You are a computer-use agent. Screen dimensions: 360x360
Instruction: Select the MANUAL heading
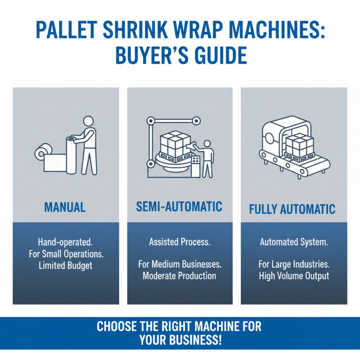(65, 207)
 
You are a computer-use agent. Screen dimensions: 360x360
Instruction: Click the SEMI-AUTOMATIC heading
(179, 207)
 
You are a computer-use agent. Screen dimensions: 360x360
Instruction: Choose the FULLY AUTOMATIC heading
(292, 209)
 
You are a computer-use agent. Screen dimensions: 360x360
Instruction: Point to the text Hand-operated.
(66, 242)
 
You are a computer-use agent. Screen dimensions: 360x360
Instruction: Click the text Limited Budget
(66, 265)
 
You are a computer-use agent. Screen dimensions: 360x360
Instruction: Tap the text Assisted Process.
(180, 242)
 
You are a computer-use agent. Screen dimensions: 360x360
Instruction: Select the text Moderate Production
(180, 276)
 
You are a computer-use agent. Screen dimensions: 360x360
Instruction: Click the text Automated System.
(294, 242)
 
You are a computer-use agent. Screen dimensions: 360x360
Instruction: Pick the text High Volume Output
(294, 276)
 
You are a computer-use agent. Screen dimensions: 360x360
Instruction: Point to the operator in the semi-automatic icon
(207, 157)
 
